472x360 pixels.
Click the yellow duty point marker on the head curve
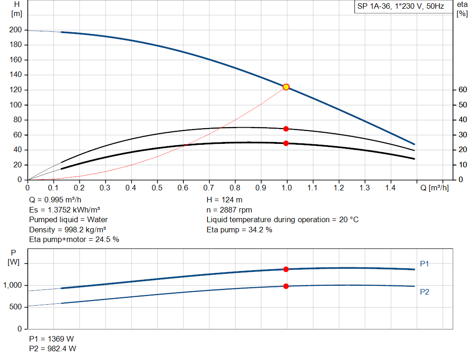(x=286, y=87)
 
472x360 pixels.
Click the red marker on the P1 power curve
(x=286, y=269)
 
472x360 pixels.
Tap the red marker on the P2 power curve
(x=286, y=286)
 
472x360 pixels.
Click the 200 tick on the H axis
(x=15, y=30)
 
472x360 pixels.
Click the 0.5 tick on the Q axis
(x=157, y=188)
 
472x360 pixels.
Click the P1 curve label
(x=425, y=264)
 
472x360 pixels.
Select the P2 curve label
(x=425, y=292)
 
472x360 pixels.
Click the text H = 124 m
(x=224, y=200)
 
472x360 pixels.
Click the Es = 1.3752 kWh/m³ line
(x=64, y=210)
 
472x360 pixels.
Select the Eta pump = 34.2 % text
(x=239, y=230)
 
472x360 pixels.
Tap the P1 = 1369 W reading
(x=52, y=339)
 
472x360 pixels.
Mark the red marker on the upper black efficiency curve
(x=286, y=129)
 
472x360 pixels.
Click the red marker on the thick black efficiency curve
(x=286, y=143)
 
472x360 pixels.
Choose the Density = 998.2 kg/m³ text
(x=65, y=230)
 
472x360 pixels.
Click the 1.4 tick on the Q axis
(x=390, y=188)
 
